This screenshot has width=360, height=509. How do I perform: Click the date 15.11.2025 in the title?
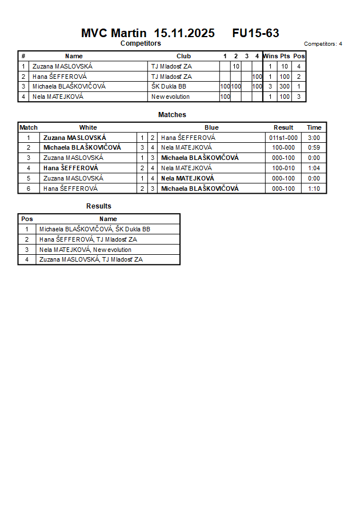click(x=185, y=33)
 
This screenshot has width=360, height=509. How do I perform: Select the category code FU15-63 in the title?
click(x=255, y=33)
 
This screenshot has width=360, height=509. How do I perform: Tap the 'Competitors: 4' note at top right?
click(x=323, y=43)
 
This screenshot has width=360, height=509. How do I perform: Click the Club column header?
click(x=183, y=56)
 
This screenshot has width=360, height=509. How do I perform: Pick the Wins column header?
click(x=270, y=56)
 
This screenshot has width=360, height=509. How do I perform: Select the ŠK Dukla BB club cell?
click(x=169, y=86)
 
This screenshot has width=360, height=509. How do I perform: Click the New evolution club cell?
click(x=170, y=97)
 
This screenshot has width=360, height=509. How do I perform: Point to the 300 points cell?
click(x=285, y=86)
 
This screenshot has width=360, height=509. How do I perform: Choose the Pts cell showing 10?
click(x=285, y=66)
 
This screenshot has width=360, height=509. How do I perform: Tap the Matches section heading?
click(x=172, y=115)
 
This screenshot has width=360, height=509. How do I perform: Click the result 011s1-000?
click(x=283, y=138)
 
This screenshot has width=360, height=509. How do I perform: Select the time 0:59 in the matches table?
click(x=314, y=147)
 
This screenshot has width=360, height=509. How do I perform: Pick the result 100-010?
click(x=283, y=168)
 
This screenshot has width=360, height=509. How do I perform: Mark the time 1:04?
click(x=314, y=168)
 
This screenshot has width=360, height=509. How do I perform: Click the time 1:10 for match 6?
click(x=314, y=189)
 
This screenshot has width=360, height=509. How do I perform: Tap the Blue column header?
click(x=211, y=127)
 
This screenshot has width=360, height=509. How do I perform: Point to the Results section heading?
click(x=99, y=206)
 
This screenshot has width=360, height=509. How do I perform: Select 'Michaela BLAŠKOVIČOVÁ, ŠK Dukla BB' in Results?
click(x=95, y=229)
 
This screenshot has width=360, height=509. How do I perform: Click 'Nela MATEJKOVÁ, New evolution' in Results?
click(x=85, y=250)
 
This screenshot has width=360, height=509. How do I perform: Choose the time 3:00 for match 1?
click(x=314, y=138)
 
